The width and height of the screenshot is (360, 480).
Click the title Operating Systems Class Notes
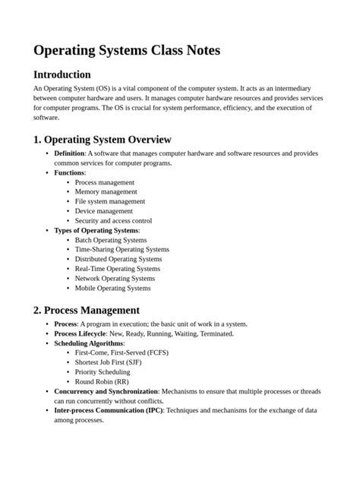127,50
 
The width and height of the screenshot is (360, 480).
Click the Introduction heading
62,74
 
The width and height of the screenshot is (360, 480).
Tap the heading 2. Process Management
87,310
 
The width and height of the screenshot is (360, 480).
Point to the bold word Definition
70,153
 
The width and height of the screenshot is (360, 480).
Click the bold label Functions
69,172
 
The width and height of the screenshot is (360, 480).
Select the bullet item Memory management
106,192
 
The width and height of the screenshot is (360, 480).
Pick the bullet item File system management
109,201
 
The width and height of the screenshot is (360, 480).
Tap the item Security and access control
113,221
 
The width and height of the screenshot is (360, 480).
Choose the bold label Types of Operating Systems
96,230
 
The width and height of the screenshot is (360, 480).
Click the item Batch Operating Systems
111,240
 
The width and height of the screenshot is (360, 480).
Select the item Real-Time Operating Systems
117,269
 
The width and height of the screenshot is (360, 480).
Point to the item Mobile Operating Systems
112,288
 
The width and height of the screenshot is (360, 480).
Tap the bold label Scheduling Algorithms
89,343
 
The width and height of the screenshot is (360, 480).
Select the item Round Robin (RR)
100,382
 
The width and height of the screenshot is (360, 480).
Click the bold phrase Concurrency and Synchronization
106,391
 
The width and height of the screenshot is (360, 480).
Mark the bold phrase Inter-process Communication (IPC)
108,410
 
